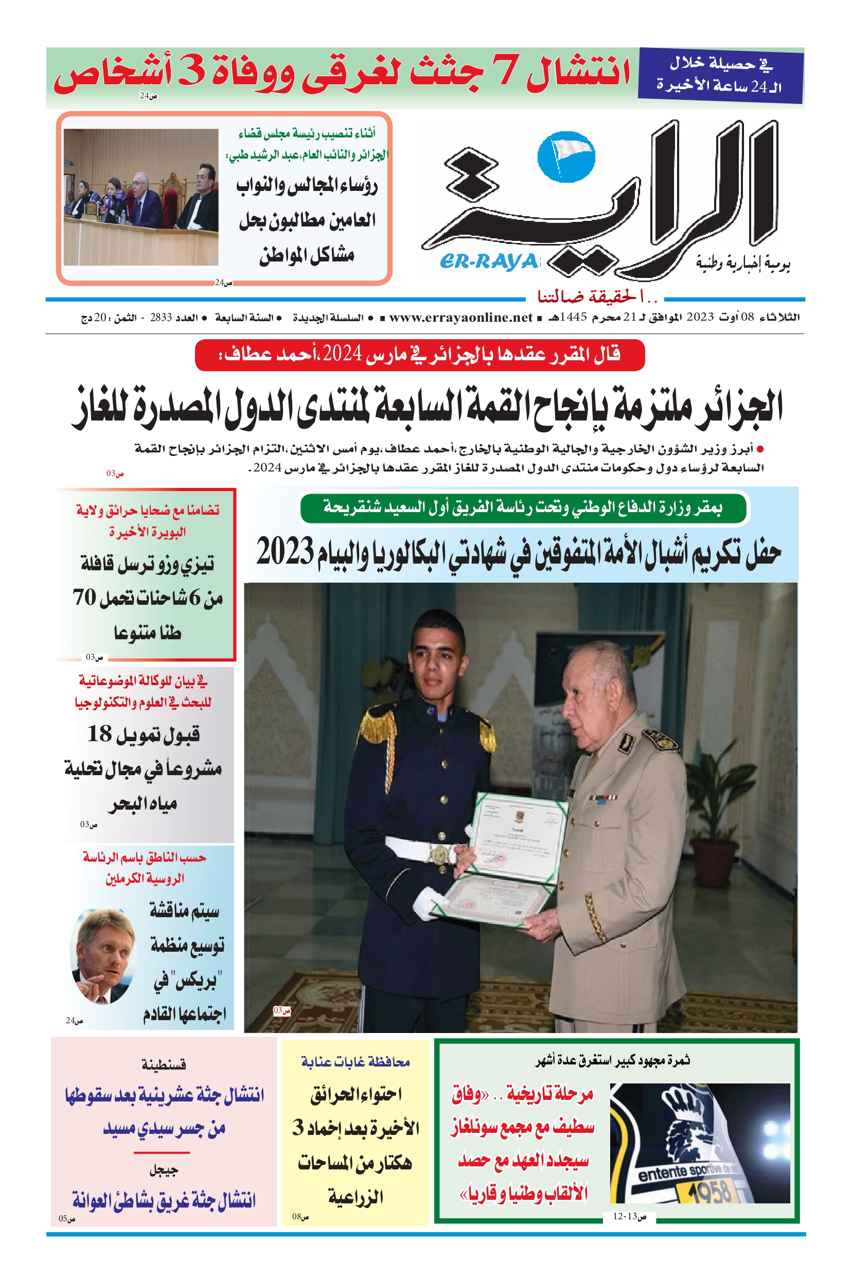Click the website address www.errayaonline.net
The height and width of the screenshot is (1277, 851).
point(460,318)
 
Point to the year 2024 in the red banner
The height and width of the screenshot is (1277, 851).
point(343,355)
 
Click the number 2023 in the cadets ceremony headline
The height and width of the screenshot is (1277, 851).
point(285,552)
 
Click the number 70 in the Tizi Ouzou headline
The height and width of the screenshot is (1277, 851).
point(85,597)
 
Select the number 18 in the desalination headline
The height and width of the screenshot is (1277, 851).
point(99,733)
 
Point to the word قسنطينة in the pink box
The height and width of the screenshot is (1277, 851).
point(164,1065)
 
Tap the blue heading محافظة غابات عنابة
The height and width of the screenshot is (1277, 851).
point(356,1062)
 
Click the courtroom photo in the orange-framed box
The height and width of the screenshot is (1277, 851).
point(141,197)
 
